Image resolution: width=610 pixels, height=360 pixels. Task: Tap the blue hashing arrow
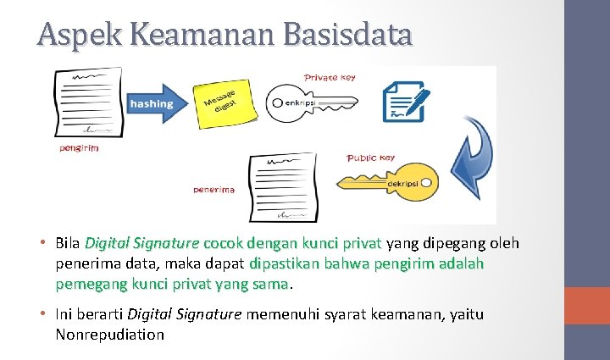(x=156, y=103)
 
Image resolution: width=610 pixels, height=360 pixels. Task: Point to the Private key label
(x=330, y=77)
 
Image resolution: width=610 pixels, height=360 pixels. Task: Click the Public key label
(x=371, y=158)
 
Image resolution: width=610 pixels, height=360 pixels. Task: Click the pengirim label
(x=78, y=148)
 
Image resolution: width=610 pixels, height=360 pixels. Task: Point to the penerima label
(x=213, y=190)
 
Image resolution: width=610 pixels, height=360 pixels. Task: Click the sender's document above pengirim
(x=87, y=102)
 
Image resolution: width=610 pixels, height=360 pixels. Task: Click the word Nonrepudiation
(x=109, y=334)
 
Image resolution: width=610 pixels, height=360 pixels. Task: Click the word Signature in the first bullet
(x=169, y=244)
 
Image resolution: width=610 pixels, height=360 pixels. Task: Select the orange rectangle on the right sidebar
(x=586, y=306)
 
